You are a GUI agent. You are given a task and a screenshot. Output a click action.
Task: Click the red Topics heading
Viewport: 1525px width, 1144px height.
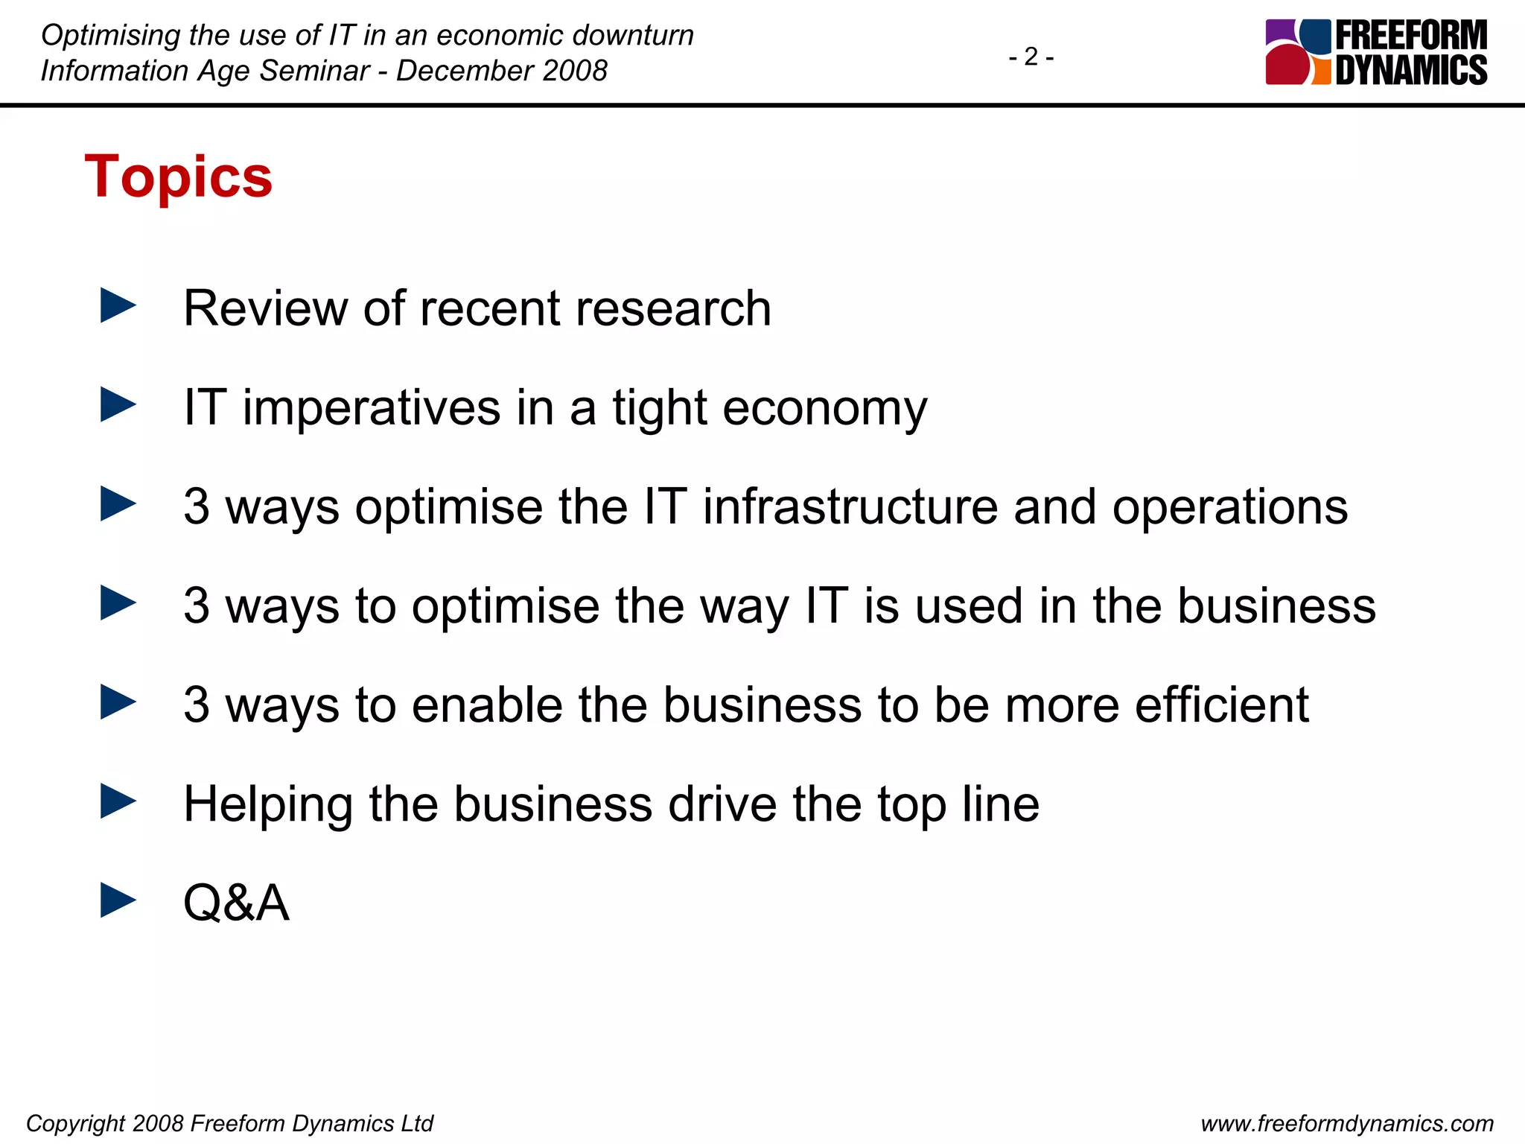[x=179, y=177]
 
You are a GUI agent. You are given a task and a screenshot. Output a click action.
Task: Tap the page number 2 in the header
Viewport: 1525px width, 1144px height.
[x=1031, y=57]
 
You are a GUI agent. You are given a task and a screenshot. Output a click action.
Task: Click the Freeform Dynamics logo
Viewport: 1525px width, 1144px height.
[x=1376, y=52]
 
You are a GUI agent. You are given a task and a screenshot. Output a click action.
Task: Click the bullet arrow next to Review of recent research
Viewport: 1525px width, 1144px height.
[x=118, y=306]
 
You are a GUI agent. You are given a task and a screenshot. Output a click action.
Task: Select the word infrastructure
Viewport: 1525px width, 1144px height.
[x=850, y=506]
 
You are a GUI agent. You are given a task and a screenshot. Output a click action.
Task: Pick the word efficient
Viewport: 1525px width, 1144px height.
[x=1222, y=704]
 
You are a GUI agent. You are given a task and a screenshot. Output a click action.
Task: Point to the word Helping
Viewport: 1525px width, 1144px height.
[x=268, y=804]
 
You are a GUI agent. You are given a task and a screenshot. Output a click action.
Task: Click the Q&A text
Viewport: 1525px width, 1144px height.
[x=236, y=903]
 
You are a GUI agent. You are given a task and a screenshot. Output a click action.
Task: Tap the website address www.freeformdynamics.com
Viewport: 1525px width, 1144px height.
[x=1347, y=1123]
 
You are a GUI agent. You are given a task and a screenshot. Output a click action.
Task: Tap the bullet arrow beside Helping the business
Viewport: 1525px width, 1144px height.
[x=118, y=801]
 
